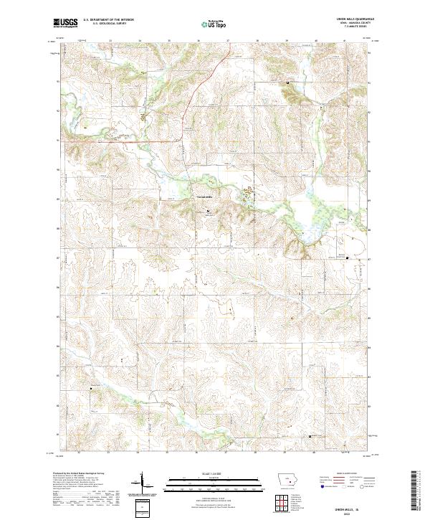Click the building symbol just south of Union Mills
(x=209, y=211)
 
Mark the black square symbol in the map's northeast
(x=288, y=82)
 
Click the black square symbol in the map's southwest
(x=91, y=388)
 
